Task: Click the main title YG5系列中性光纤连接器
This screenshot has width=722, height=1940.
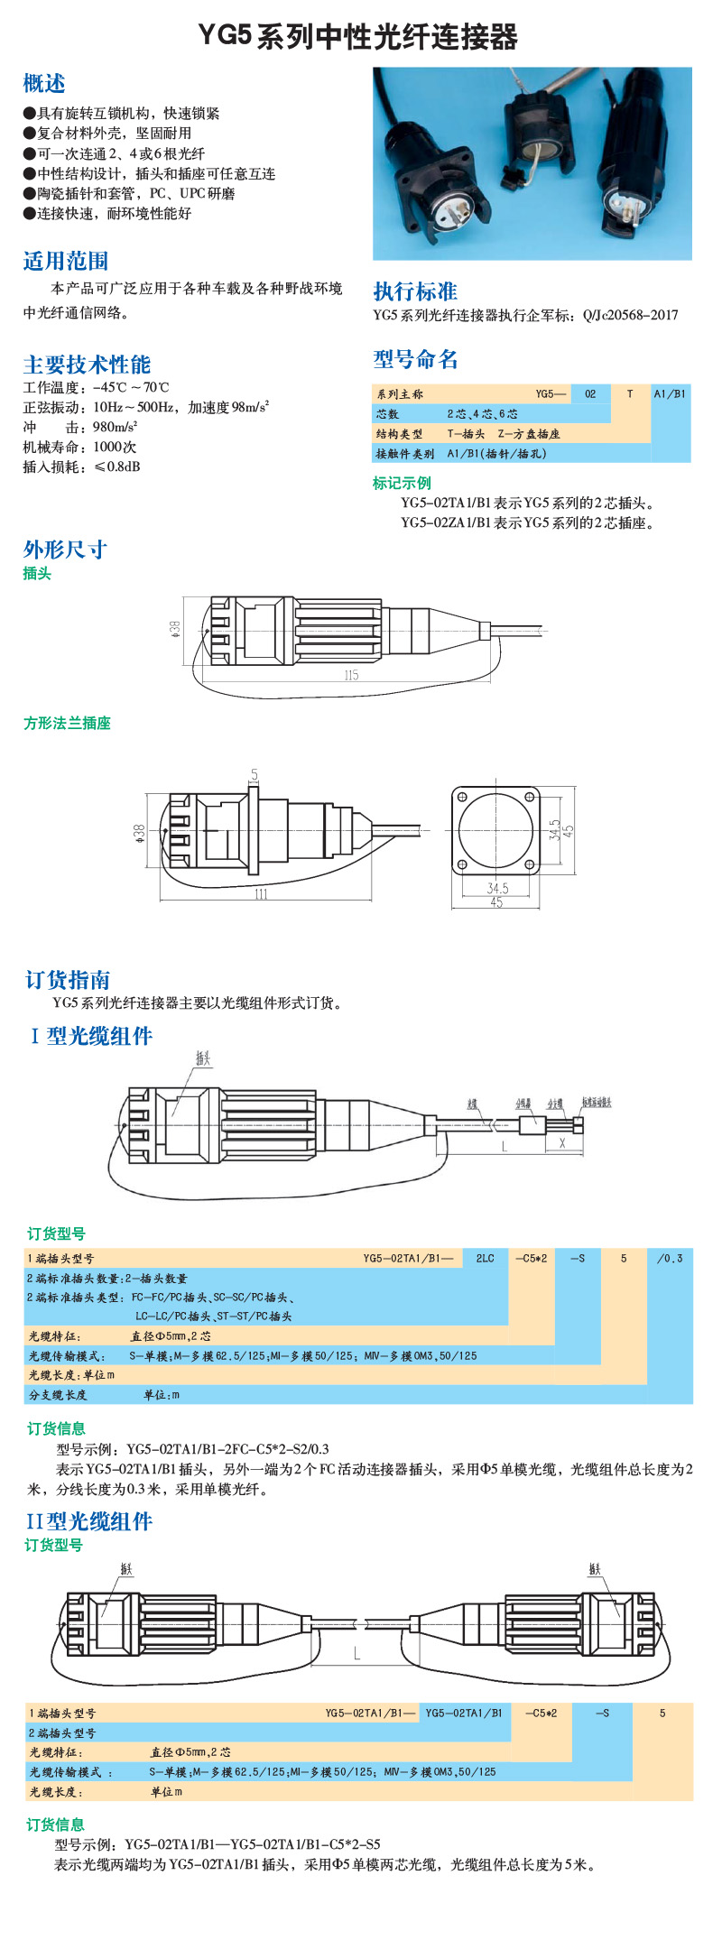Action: click(358, 37)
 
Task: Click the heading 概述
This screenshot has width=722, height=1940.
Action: click(44, 84)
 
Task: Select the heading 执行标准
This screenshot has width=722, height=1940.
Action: click(415, 291)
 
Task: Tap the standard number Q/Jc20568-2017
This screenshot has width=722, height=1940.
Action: click(630, 315)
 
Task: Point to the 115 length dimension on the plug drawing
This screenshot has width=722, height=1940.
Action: click(351, 675)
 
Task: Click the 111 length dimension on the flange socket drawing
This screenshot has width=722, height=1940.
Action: click(261, 894)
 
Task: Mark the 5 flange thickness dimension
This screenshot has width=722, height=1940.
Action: click(255, 774)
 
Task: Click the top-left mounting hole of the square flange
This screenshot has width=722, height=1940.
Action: click(462, 798)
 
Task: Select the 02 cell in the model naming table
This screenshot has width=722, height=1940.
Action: click(590, 393)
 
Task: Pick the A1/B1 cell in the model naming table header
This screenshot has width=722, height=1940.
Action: click(670, 393)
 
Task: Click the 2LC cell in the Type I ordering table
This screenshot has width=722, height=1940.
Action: click(486, 1258)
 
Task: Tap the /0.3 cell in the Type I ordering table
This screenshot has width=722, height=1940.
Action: click(670, 1258)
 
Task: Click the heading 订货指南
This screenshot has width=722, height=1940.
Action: click(68, 980)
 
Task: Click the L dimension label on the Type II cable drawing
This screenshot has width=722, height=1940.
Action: click(357, 1654)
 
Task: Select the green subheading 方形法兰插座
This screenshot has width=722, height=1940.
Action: click(67, 724)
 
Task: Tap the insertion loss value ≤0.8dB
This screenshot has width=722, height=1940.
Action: click(117, 467)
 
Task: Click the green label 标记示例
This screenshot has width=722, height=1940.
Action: click(402, 483)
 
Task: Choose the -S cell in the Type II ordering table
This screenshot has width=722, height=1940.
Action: click(602, 1713)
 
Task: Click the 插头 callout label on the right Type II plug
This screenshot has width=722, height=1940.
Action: click(595, 1569)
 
